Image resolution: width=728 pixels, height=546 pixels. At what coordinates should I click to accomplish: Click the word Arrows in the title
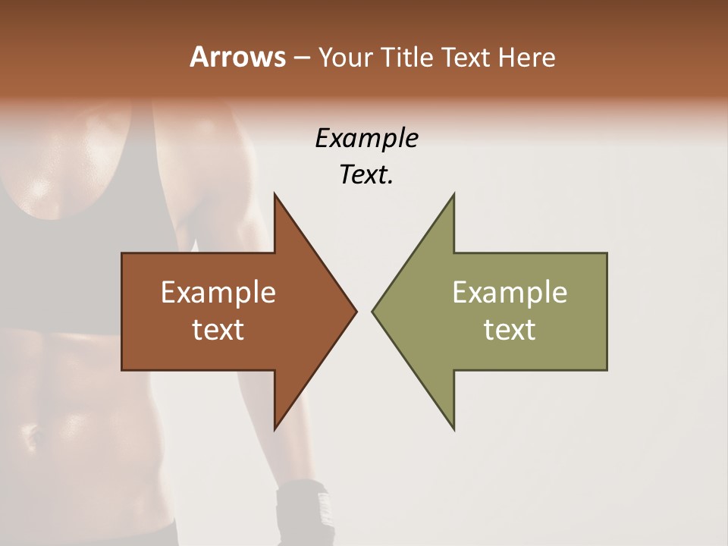coord(236,57)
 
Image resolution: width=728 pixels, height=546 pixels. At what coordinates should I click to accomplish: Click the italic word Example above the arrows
coord(366,139)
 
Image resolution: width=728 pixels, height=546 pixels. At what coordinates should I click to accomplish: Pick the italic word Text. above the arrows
coord(366,175)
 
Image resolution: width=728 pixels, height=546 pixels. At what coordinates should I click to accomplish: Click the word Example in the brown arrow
coord(218,293)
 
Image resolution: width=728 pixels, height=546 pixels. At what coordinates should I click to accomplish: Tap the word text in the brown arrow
coord(218,330)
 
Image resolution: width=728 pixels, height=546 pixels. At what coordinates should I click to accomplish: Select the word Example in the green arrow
coord(510,293)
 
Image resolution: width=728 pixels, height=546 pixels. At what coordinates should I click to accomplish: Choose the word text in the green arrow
coord(510,330)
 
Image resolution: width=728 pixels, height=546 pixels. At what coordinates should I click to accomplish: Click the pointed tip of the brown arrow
coord(356,311)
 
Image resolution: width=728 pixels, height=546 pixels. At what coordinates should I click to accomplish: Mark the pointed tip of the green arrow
coord(372,311)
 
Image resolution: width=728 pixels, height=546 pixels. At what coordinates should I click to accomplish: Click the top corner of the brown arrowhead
coord(275,194)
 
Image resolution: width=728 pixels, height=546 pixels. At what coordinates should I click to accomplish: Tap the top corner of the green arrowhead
coord(453,194)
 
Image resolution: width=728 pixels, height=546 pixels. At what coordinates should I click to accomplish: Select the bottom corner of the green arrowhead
coord(453,429)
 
